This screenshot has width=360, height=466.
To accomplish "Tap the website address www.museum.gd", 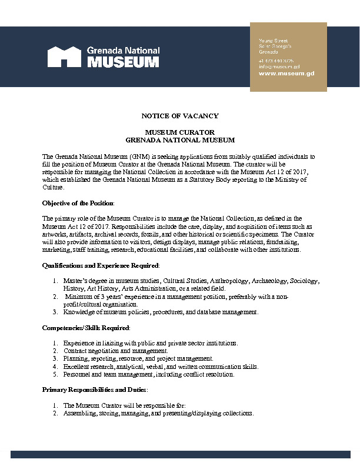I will (278, 74).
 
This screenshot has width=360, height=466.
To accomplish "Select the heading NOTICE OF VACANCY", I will (180, 116).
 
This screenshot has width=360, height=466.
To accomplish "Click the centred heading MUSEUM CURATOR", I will (180, 132).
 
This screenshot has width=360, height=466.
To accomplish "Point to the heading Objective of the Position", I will (78, 202).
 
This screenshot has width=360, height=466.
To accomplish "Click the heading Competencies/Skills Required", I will (86, 327).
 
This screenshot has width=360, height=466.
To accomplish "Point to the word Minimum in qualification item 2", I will (78, 297).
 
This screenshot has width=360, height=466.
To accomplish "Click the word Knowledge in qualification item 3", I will (78, 312).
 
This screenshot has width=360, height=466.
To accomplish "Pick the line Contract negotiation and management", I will (107, 351).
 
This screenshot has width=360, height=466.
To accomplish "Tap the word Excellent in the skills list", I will (76, 366).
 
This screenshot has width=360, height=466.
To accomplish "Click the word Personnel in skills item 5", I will (76, 374).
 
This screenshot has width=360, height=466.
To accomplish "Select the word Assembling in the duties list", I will (79, 413).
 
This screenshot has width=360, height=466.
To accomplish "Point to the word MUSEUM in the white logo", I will (123, 62).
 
